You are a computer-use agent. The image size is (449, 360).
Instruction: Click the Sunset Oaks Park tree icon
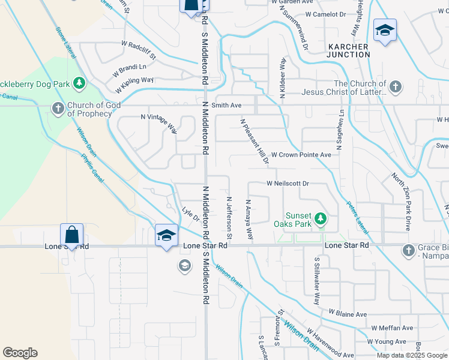point(321,218)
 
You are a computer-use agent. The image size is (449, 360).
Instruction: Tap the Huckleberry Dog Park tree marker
point(78,82)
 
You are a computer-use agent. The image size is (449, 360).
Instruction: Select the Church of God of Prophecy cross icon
point(58,109)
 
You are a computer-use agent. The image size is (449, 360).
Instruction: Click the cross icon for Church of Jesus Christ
point(395,88)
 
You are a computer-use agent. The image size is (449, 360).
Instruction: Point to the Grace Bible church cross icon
point(408,250)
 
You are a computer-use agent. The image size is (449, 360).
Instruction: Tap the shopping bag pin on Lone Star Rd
point(71,234)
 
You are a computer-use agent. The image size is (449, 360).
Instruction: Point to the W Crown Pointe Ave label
point(301,155)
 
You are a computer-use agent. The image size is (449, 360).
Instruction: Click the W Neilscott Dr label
point(288,183)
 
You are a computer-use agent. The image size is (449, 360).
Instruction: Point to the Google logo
point(20,353)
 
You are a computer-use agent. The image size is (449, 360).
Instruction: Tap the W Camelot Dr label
point(325,14)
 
